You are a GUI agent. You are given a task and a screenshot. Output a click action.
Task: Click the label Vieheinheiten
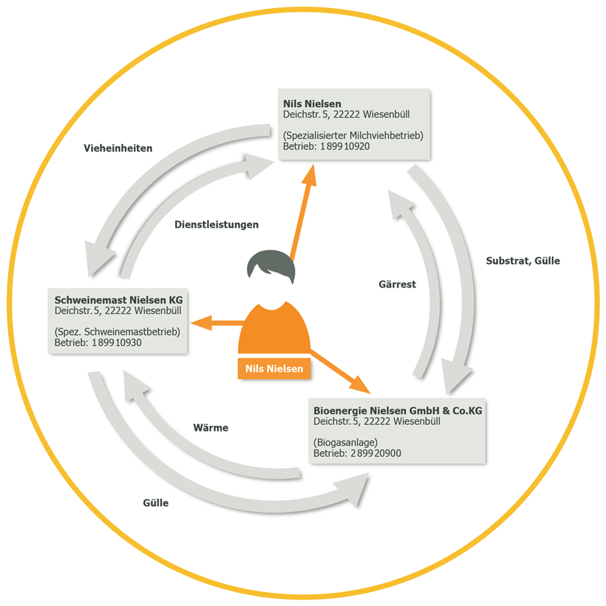(118, 148)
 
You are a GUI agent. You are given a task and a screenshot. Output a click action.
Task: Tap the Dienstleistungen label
(217, 224)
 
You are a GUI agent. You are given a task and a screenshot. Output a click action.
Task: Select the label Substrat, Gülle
(522, 261)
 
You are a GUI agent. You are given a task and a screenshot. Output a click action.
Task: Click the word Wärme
(211, 428)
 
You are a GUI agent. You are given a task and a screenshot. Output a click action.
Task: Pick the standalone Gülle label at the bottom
(156, 503)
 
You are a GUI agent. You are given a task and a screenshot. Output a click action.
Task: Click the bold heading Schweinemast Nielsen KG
(118, 300)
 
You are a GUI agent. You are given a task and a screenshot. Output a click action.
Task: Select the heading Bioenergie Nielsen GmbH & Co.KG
(398, 410)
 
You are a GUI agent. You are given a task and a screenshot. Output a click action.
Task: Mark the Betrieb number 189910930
(115, 343)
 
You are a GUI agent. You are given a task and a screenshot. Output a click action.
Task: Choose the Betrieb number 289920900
(375, 453)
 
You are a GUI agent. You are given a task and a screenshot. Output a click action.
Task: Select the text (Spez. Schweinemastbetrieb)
(118, 333)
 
